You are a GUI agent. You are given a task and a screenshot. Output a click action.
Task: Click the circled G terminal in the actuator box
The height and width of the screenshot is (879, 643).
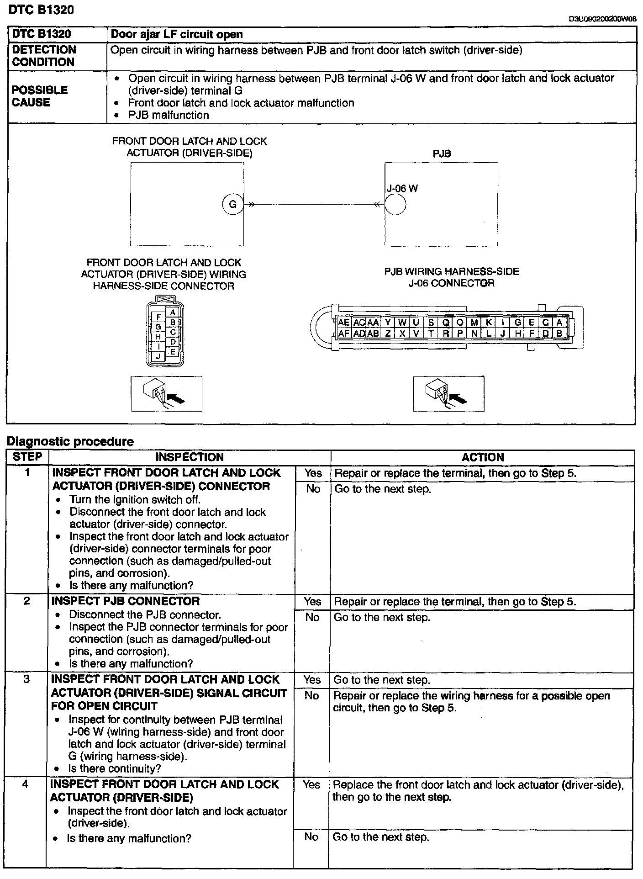tap(232, 204)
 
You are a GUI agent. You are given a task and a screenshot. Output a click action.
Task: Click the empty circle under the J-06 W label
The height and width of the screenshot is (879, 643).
tap(395, 204)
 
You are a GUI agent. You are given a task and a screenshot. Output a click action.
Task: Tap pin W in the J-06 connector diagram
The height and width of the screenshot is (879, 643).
tap(402, 323)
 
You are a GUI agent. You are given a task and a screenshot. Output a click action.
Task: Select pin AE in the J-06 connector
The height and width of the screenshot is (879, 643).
tap(344, 323)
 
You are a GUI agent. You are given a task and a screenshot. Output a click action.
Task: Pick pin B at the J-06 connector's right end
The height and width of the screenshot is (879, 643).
tap(559, 334)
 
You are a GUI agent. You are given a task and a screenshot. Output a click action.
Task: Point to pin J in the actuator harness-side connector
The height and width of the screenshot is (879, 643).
tap(158, 356)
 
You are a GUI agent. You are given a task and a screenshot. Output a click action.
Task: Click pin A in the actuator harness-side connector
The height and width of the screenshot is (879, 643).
tap(173, 312)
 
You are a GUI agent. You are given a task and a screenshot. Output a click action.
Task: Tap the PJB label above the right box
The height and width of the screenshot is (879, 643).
tap(442, 154)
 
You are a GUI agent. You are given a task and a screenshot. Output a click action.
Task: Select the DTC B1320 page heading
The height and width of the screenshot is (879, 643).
tap(41, 10)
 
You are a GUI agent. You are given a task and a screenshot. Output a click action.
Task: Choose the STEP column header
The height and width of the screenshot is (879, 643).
tap(27, 457)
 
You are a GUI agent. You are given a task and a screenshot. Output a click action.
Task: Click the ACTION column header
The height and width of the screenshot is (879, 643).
tap(482, 457)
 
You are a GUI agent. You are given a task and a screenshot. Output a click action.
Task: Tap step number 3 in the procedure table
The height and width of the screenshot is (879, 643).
tap(26, 679)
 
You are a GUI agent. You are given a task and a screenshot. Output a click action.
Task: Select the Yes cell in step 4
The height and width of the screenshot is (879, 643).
tap(311, 785)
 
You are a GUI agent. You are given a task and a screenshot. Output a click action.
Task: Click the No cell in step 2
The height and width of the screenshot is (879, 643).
tap(312, 617)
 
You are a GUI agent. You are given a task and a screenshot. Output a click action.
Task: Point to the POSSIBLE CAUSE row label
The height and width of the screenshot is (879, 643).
tap(40, 96)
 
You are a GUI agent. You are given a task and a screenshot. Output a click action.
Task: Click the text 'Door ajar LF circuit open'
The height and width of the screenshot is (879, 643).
tap(177, 34)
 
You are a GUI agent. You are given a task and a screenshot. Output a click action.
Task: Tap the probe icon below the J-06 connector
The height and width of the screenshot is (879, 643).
tap(448, 393)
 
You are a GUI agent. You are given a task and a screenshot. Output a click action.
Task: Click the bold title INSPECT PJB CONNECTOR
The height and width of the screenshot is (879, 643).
tap(126, 601)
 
